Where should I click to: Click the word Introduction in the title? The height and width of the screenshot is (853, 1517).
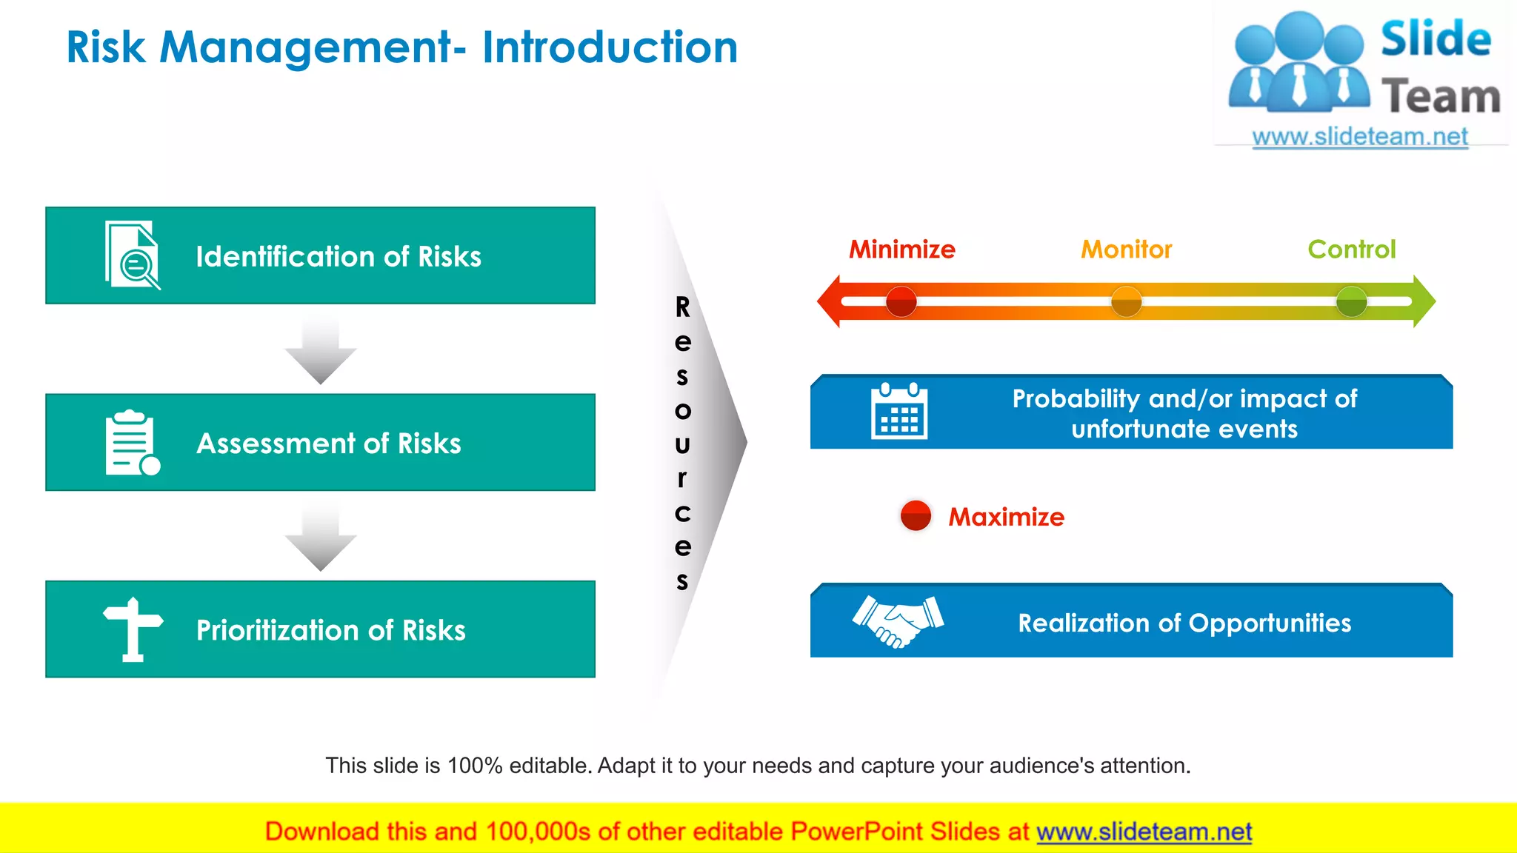click(x=610, y=47)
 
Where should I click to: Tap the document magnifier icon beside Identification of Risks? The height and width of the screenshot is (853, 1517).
click(x=132, y=255)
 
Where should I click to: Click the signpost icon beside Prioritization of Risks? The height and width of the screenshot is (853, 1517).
click(x=133, y=629)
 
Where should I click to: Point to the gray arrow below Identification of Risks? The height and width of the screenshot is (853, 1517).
click(x=321, y=352)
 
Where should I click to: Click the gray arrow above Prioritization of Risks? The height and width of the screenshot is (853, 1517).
click(x=321, y=538)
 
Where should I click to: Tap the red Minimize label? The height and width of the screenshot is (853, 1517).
click(x=901, y=250)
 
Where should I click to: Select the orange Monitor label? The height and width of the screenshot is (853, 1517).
click(x=1126, y=250)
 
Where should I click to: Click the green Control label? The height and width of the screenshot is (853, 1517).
click(x=1351, y=250)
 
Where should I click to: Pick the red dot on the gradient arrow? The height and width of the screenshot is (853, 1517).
click(x=901, y=301)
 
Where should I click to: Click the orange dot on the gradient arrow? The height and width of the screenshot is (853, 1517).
click(x=1126, y=301)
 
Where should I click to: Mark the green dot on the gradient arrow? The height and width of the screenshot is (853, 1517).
click(x=1351, y=301)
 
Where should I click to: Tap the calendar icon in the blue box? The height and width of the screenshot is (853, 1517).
click(x=898, y=412)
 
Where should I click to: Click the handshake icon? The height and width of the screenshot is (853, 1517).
click(x=898, y=621)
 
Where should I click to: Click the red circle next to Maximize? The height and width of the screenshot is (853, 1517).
click(x=916, y=515)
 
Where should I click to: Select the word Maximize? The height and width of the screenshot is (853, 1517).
click(x=1006, y=517)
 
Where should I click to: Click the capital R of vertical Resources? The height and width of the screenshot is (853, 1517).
click(x=682, y=307)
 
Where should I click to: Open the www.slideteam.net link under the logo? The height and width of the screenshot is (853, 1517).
click(x=1359, y=137)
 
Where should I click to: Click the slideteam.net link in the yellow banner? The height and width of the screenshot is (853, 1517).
click(x=1144, y=832)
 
